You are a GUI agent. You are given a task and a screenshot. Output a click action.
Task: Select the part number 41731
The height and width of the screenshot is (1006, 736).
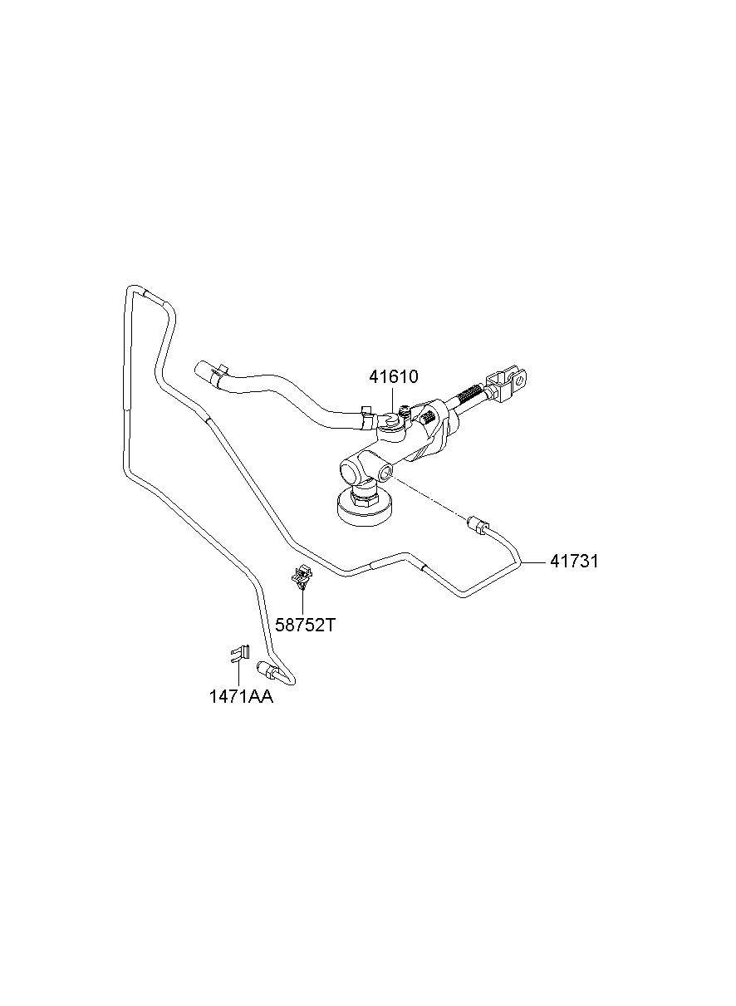click(573, 562)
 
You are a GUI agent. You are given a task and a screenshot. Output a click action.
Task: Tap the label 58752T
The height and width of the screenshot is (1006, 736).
click(305, 625)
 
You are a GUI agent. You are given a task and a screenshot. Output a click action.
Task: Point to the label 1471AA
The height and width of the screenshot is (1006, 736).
click(241, 698)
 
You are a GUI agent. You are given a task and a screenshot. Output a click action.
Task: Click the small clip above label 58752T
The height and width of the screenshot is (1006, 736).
click(302, 575)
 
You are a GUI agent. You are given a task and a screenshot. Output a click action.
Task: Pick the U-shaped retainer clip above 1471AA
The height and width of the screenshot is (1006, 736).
click(238, 653)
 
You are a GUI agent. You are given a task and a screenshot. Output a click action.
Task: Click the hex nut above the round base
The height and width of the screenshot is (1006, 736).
click(364, 494)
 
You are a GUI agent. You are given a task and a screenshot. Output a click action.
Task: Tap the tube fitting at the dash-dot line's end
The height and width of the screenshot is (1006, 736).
click(477, 524)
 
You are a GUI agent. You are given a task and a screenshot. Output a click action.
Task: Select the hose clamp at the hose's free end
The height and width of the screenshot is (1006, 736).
click(221, 373)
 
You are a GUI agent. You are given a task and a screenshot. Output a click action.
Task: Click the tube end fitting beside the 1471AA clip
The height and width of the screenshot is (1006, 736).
click(269, 669)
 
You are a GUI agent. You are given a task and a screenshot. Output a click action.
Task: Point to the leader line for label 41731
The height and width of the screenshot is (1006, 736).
click(532, 562)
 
